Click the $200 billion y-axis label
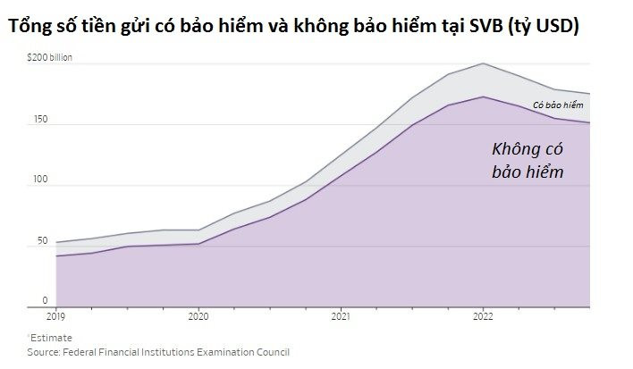point(50,57)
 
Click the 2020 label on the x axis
point(198,315)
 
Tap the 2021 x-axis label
point(340,315)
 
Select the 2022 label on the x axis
point(483,315)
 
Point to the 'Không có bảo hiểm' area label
point(527,160)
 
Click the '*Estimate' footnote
point(50,338)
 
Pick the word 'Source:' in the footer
point(45,352)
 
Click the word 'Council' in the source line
point(272,352)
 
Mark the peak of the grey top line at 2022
point(483,63)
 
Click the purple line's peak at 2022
point(483,96)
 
